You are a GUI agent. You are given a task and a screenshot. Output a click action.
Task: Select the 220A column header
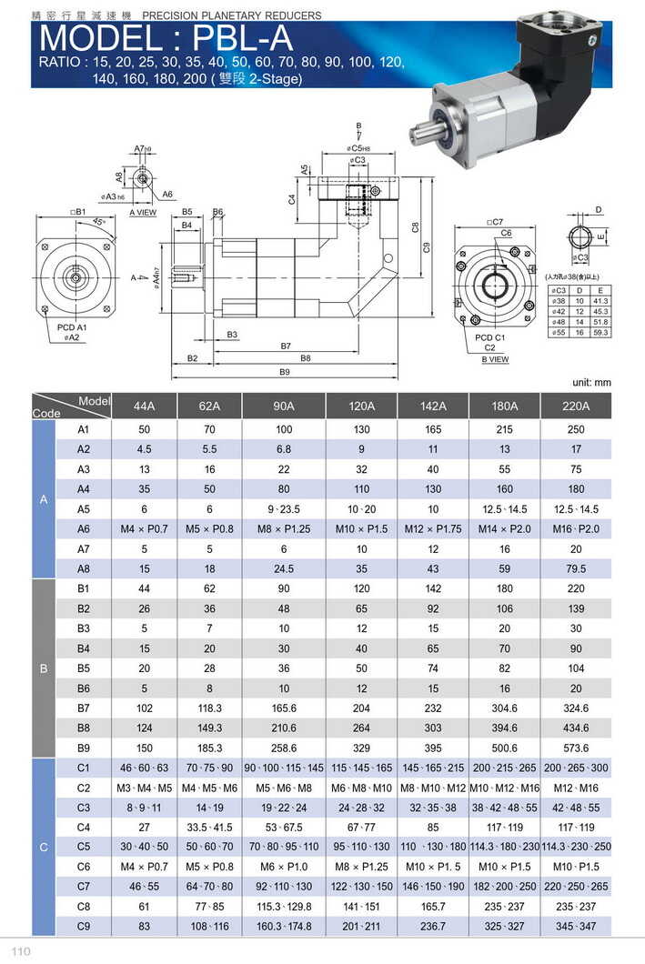click(x=575, y=406)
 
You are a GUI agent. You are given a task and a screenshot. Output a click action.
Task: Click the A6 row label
click(x=84, y=529)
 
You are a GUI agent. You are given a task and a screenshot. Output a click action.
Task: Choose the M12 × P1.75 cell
click(x=432, y=529)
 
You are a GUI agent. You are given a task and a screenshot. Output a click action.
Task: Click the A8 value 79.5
click(x=575, y=569)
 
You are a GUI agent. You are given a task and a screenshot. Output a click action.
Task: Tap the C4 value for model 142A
click(x=432, y=827)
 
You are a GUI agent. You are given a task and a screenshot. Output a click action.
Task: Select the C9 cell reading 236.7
click(x=432, y=926)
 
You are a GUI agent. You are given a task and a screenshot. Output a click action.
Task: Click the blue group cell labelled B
click(x=44, y=668)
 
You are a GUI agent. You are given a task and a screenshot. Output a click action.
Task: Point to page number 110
click(x=22, y=951)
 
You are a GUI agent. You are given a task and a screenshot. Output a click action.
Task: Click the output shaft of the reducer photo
click(x=423, y=133)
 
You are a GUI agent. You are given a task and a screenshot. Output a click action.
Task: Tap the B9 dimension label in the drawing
click(x=284, y=372)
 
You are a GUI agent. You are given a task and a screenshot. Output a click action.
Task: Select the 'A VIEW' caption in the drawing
click(x=143, y=212)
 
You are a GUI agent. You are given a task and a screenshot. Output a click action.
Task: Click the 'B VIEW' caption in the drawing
click(x=495, y=360)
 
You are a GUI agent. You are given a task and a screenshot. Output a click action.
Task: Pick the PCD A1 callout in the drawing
click(x=71, y=326)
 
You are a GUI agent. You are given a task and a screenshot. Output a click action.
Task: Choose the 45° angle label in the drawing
click(x=98, y=221)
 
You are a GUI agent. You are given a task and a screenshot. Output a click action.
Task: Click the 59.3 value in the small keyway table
click(x=600, y=334)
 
